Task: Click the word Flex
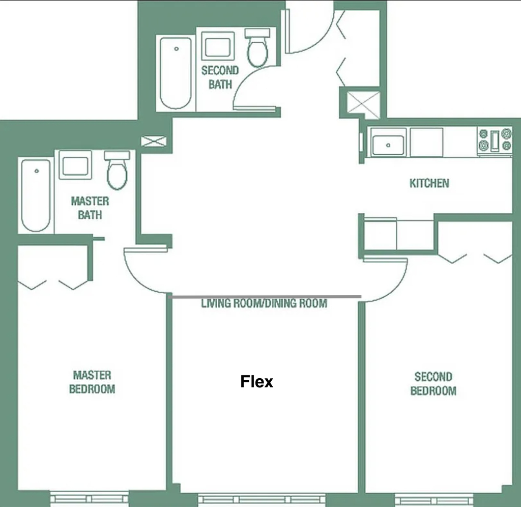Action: [256, 381]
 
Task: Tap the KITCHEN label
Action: [429, 183]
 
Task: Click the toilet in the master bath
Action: [118, 170]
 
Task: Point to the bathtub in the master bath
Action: [36, 195]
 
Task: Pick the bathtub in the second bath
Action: [176, 73]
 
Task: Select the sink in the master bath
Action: [75, 165]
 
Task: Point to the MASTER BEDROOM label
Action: [92, 382]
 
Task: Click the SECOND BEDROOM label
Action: [433, 384]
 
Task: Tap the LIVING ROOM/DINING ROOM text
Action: [264, 303]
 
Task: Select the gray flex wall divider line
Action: [265, 297]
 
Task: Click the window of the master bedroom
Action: [89, 498]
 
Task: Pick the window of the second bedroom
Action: [434, 500]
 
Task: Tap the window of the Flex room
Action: [262, 500]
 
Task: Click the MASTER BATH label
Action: [90, 208]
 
